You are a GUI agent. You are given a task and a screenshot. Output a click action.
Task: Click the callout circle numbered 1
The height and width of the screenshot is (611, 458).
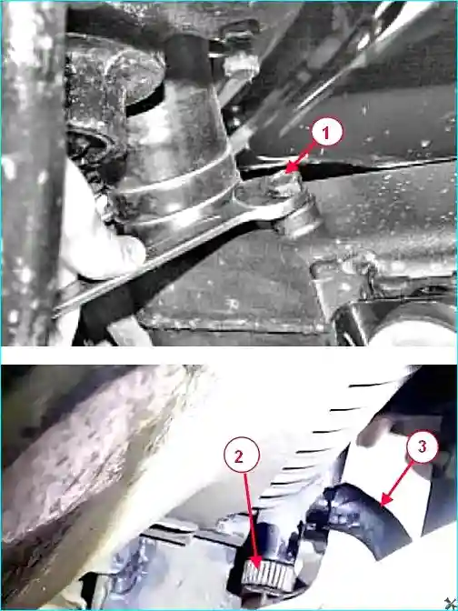pos(327,133)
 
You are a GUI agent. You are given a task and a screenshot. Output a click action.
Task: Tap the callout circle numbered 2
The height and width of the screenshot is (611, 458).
pos(242,456)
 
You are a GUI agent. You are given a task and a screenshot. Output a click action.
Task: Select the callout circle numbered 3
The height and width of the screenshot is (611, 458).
pos(423,447)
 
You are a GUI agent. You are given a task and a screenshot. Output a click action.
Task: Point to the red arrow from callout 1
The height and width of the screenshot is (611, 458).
pos(302,156)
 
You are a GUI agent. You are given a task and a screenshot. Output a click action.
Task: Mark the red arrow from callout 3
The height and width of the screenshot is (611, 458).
pos(397,483)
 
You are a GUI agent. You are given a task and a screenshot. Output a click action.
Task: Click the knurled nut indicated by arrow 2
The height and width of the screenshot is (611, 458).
pos(268,577)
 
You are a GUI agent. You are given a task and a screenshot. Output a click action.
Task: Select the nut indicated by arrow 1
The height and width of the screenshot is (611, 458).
pos(286,183)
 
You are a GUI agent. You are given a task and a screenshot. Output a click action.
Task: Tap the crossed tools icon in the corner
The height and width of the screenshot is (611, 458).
pos(451,604)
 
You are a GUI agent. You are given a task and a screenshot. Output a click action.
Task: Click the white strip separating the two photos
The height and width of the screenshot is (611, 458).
pos(229,356)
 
